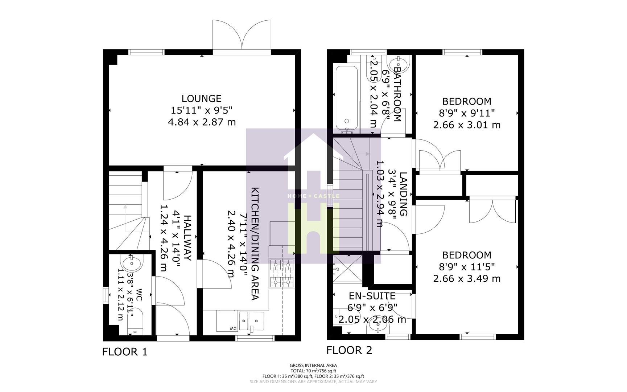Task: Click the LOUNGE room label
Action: pyautogui.click(x=201, y=98)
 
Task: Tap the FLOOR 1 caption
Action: pyautogui.click(x=125, y=352)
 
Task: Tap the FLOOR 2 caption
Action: pyautogui.click(x=349, y=350)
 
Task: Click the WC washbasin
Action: pyautogui.click(x=132, y=264)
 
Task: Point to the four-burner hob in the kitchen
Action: pyautogui.click(x=282, y=273)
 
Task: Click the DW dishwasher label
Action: pyautogui.click(x=231, y=328)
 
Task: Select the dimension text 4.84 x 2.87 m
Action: pyautogui.click(x=202, y=122)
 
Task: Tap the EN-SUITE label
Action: pyautogui.click(x=372, y=295)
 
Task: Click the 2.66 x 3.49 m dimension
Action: pyautogui.click(x=467, y=279)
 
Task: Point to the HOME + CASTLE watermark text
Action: pyautogui.click(x=313, y=196)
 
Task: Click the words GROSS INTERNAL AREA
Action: pyautogui.click(x=313, y=366)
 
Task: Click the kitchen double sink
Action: pyautogui.click(x=251, y=320)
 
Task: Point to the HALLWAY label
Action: pyautogui.click(x=187, y=238)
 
